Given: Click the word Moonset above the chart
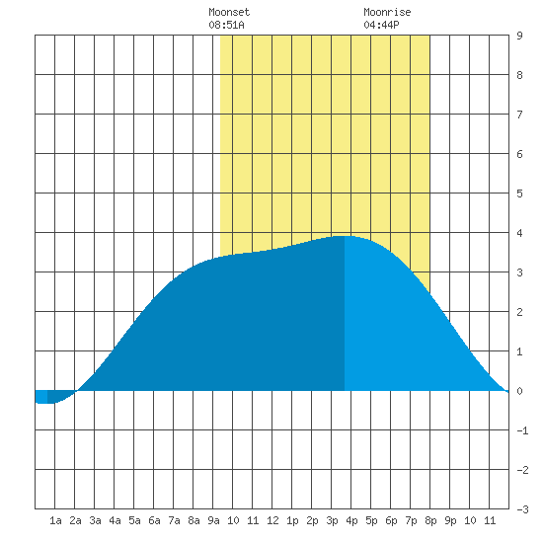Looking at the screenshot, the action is coord(229,12).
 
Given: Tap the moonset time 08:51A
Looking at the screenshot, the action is coord(226,25).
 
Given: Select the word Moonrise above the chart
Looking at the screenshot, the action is coord(387,12).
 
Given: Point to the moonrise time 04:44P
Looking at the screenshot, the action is coord(381,25).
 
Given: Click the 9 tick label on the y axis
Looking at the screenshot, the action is coord(519,36).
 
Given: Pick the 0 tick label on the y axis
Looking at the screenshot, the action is coord(519,391).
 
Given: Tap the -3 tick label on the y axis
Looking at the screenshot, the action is coord(522,509).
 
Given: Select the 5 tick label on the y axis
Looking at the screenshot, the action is coord(519,194).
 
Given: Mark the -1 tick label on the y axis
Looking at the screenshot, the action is coord(522,430).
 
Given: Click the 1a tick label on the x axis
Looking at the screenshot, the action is coord(55,520).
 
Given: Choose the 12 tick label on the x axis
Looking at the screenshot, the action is coord(272,520).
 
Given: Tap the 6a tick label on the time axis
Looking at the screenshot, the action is coord(154,520).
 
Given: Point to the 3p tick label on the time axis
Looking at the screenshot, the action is coord(332,520).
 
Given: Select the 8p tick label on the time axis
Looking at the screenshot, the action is coord(430,520).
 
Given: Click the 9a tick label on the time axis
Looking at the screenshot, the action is coord(213,520).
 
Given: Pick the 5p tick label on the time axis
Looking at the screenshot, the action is coord(371,520).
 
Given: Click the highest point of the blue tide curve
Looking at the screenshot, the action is coord(344,236).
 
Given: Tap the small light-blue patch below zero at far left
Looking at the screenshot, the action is coord(41,397).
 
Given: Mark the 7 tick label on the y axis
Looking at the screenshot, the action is coord(519,115).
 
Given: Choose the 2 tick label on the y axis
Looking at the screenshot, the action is coord(519,312).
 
